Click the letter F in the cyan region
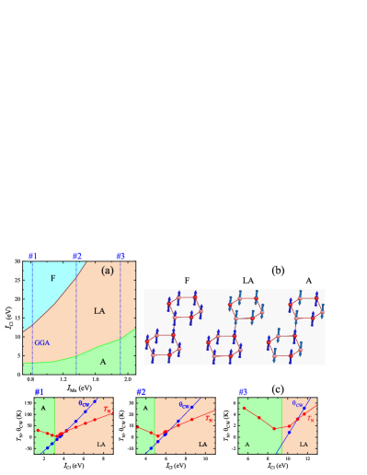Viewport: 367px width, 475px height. [x=52, y=277]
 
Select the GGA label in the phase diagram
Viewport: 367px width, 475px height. [x=42, y=342]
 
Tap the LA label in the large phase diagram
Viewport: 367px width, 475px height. [x=100, y=312]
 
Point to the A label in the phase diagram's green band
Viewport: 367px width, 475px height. [x=103, y=362]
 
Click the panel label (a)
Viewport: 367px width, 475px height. [x=108, y=271]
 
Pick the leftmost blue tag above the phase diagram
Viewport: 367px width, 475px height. [x=32, y=255]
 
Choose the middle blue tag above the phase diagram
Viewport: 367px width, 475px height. [x=77, y=255]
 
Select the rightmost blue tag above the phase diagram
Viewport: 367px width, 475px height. [x=120, y=255]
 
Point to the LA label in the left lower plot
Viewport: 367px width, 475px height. [x=102, y=444]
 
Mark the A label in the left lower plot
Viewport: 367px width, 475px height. [x=42, y=405]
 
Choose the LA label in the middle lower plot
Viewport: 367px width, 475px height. [x=201, y=444]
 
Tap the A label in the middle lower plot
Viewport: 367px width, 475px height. [x=144, y=405]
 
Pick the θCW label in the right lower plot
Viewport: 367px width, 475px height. [x=299, y=403]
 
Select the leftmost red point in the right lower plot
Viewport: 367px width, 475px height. [x=244, y=408]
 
